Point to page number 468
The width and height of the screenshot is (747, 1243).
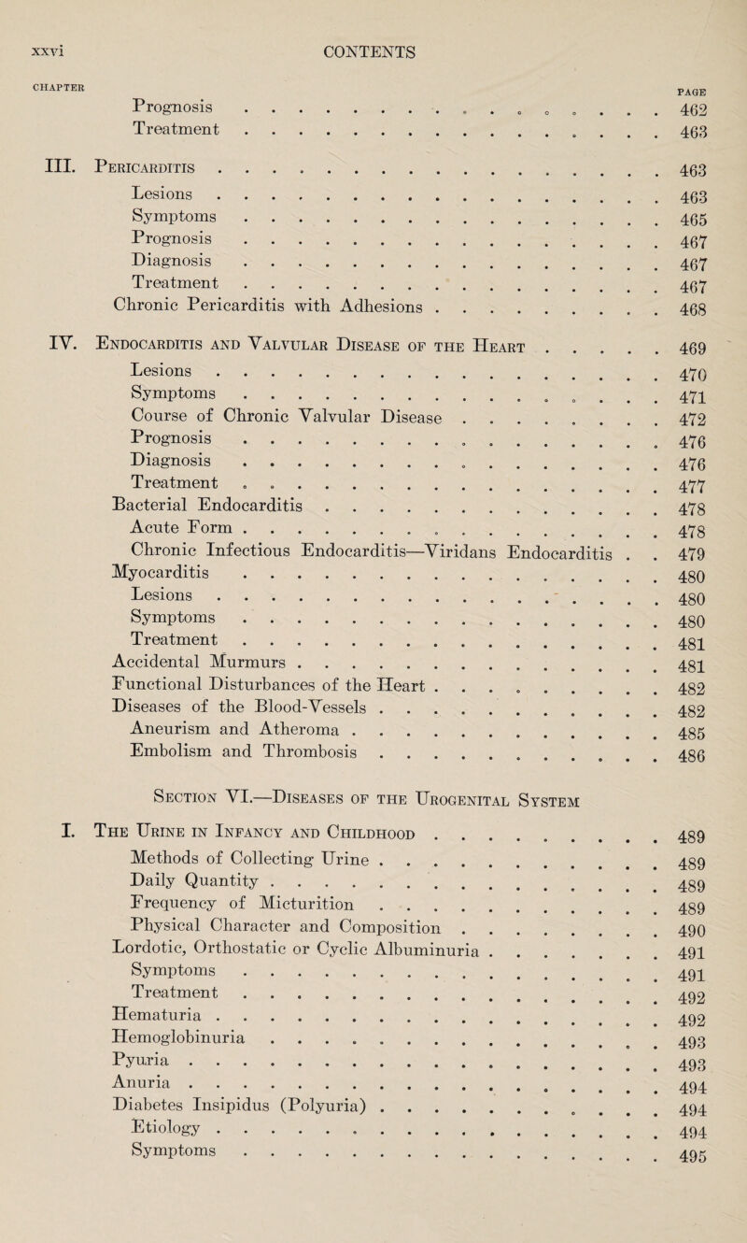pyautogui.click(x=698, y=361)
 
